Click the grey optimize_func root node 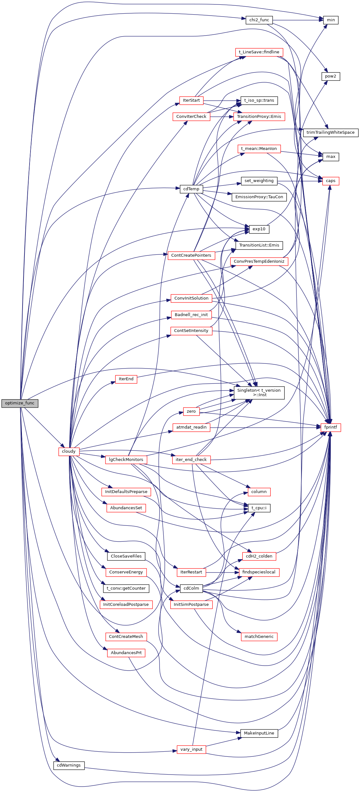(x=20, y=403)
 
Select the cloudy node (x=69, y=451)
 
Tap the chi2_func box (x=259, y=20)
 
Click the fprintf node (x=330, y=427)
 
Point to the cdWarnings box (x=69, y=765)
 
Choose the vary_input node (x=191, y=749)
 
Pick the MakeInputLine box (x=259, y=733)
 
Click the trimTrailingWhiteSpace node (x=330, y=132)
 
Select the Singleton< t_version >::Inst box (x=259, y=393)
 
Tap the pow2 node (x=330, y=76)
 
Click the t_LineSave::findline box (x=259, y=52)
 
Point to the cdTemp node (x=191, y=189)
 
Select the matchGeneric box (x=259, y=637)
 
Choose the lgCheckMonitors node (x=126, y=460)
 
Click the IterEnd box (x=126, y=379)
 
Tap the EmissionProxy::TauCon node (x=259, y=197)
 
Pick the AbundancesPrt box (x=126, y=653)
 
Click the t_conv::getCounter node (x=126, y=588)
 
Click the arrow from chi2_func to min (x=295, y=20)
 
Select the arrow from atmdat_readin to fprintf (x=264, y=428)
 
